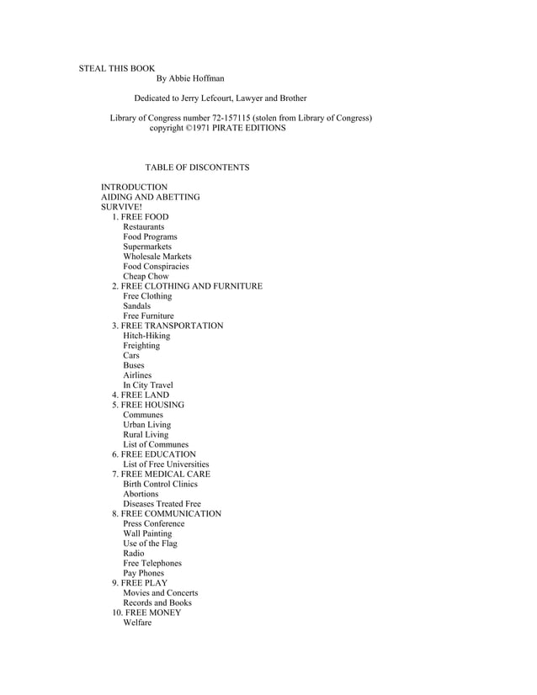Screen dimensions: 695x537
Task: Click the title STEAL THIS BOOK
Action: pyautogui.click(x=116, y=68)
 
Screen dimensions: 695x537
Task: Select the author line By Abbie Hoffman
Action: pyautogui.click(x=190, y=79)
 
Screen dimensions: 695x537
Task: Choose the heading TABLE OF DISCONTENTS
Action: pyautogui.click(x=197, y=167)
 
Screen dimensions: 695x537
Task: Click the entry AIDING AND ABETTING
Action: pyautogui.click(x=150, y=197)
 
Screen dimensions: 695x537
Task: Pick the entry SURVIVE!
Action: pyautogui.click(x=121, y=207)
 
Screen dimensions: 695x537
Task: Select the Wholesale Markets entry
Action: pyautogui.click(x=157, y=257)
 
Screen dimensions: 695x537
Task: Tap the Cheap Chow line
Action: pyautogui.click(x=146, y=276)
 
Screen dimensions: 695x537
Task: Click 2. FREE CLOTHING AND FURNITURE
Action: pyautogui.click(x=187, y=286)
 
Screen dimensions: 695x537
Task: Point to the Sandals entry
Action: pyautogui.click(x=136, y=306)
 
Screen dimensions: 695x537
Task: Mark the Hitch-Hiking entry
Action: pyautogui.click(x=146, y=336)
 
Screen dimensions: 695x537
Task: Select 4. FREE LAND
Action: pyautogui.click(x=141, y=395)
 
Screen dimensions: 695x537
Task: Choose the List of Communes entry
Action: pyautogui.click(x=156, y=444)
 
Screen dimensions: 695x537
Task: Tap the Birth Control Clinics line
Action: pyautogui.click(x=160, y=484)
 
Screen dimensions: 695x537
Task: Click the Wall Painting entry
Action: pyautogui.click(x=146, y=533)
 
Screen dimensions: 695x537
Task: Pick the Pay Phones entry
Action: pyautogui.click(x=143, y=573)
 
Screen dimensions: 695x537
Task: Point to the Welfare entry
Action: pyautogui.click(x=137, y=623)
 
